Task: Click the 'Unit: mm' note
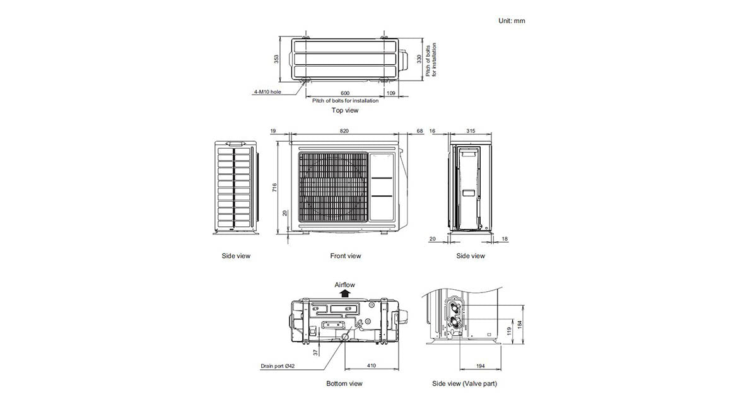[512, 21]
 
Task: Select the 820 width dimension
[344, 131]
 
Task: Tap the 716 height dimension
[275, 187]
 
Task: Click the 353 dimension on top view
[276, 59]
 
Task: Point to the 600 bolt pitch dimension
[345, 93]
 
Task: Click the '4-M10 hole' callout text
[267, 91]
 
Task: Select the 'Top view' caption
[345, 110]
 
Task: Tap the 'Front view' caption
[346, 256]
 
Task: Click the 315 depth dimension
[470, 131]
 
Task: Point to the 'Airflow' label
[344, 285]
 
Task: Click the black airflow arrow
[344, 293]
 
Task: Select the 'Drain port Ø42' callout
[278, 366]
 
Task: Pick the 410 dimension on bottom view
[372, 365]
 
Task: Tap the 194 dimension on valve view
[481, 366]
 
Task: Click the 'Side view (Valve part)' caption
[464, 384]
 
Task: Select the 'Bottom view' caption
[344, 384]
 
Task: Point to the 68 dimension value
[419, 131]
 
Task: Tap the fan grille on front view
[333, 187]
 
